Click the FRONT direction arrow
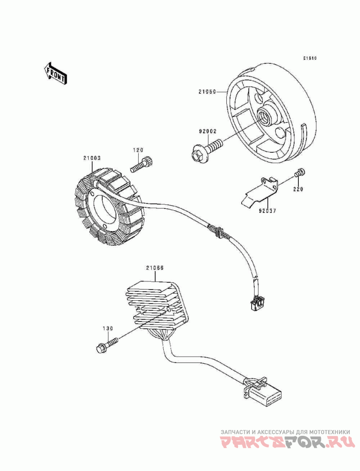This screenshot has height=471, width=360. tap(55, 72)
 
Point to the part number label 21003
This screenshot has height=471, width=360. tap(91, 158)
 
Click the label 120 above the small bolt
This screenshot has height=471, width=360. tap(138, 149)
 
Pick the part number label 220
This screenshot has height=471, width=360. tap(298, 190)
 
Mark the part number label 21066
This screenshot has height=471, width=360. tap(154, 267)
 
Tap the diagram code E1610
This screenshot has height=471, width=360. tap(310, 58)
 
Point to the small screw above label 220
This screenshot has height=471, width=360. tap(300, 172)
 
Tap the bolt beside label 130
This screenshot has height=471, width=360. tap(107, 344)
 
